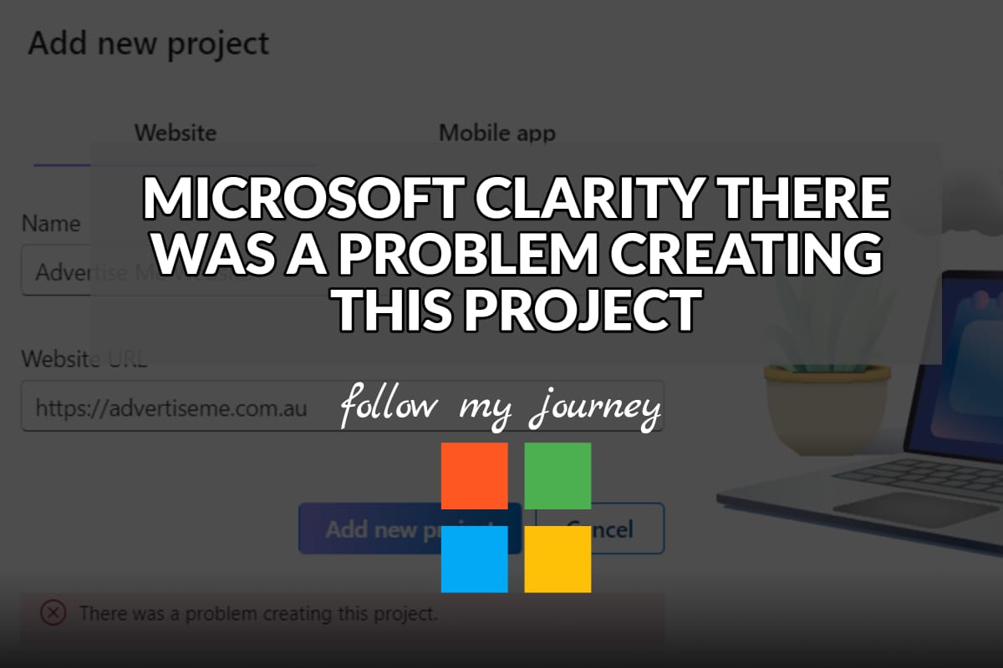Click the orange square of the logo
click(x=474, y=476)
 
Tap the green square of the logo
click(x=558, y=476)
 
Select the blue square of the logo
click(x=474, y=559)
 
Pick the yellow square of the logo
click(x=558, y=559)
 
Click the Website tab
click(x=176, y=133)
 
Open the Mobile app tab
click(x=497, y=133)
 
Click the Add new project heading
click(x=149, y=43)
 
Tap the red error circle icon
click(x=53, y=614)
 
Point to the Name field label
click(x=51, y=224)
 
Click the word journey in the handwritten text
click(x=594, y=407)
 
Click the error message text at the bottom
click(x=258, y=615)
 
